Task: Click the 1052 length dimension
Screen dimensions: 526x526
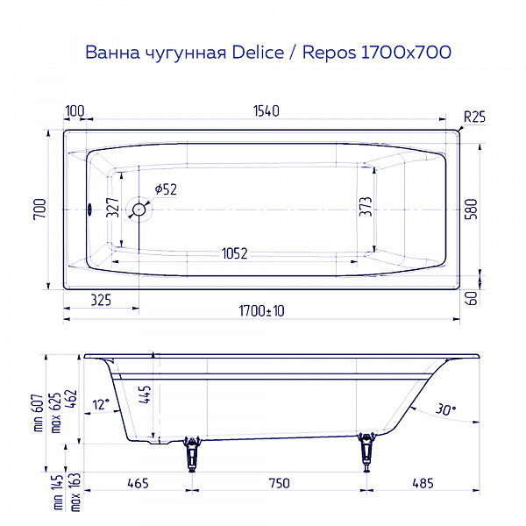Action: (234, 253)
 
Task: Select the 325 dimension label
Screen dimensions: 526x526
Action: (100, 300)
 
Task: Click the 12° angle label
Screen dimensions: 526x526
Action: (102, 404)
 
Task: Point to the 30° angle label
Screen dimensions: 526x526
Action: (446, 408)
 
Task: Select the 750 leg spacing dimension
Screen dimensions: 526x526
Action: (278, 484)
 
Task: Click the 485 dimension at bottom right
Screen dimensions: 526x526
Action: (423, 484)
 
